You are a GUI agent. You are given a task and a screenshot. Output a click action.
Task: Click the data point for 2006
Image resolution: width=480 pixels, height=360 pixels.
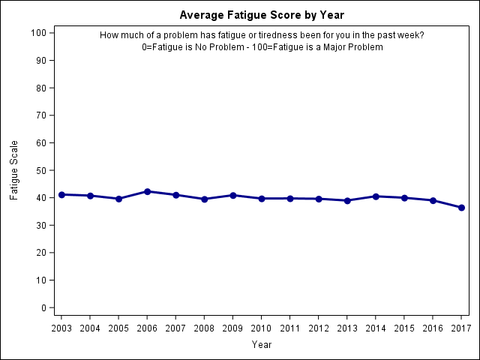(x=147, y=191)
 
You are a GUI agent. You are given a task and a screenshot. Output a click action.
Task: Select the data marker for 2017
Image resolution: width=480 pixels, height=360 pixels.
(x=461, y=208)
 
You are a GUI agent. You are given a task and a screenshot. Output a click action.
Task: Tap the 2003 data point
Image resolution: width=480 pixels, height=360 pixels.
(x=61, y=194)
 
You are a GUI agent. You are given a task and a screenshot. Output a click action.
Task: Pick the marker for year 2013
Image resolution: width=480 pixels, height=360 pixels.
(x=347, y=200)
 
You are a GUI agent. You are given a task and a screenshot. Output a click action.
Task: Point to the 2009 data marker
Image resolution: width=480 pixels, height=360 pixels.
(x=232, y=195)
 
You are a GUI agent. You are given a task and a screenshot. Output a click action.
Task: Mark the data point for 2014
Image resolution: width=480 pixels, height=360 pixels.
(x=376, y=196)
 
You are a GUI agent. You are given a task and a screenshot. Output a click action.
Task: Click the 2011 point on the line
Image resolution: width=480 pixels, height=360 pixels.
(x=290, y=198)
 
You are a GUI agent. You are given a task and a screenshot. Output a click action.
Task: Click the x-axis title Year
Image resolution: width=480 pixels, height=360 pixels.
(x=262, y=345)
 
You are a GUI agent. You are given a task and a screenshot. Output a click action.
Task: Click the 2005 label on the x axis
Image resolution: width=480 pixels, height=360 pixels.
(x=118, y=328)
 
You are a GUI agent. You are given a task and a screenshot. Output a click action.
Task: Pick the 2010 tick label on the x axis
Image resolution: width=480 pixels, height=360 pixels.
(x=262, y=328)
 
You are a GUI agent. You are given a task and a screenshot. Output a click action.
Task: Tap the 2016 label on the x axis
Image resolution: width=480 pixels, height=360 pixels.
(x=433, y=328)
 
